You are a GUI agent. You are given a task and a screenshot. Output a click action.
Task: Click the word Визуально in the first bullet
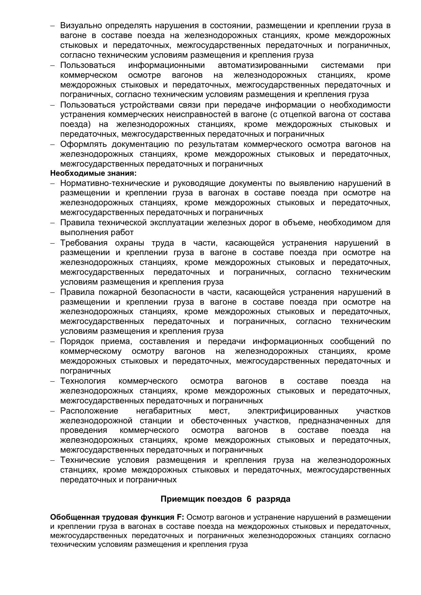(x=81, y=26)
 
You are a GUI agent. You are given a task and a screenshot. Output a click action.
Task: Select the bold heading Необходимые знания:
(x=93, y=174)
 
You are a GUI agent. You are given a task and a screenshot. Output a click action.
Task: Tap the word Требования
(x=84, y=243)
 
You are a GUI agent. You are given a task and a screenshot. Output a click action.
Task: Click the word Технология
(x=83, y=381)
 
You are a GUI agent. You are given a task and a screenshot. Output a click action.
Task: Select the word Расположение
(x=89, y=411)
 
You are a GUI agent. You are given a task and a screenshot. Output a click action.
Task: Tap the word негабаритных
(x=164, y=411)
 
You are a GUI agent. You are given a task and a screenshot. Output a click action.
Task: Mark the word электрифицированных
(x=293, y=411)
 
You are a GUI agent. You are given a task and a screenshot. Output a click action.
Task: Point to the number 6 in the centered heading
(x=249, y=499)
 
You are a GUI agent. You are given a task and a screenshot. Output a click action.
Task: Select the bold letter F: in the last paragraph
(x=180, y=517)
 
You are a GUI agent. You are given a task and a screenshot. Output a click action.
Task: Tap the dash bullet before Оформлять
(x=53, y=145)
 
